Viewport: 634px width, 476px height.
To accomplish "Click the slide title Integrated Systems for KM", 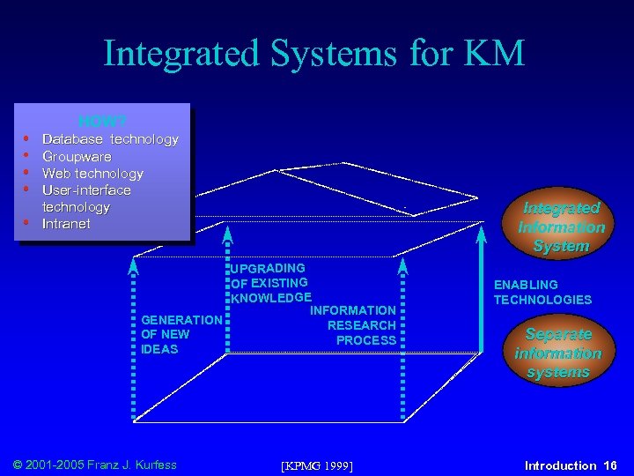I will tap(314, 53).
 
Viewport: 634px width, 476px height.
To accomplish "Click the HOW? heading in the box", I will tap(103, 121).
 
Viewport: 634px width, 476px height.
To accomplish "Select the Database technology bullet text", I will tap(110, 139).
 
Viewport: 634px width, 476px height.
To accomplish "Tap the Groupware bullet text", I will tap(77, 156).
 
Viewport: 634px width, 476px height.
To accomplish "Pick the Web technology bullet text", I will tap(92, 174).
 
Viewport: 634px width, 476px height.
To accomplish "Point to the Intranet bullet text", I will tap(66, 224).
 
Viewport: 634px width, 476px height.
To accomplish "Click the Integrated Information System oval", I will tap(561, 227).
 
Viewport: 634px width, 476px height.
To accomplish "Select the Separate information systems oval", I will tap(557, 353).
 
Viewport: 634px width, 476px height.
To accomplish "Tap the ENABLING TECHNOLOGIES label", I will tap(542, 292).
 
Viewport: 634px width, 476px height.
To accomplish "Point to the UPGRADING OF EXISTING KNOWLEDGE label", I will tap(270, 282).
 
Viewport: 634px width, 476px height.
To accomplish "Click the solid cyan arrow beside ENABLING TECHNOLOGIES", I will tap(482, 291).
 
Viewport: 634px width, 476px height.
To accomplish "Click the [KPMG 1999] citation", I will tap(316, 465).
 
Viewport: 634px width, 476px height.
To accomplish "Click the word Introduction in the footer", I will tap(560, 465).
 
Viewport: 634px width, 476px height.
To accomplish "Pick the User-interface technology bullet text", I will tap(86, 198).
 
